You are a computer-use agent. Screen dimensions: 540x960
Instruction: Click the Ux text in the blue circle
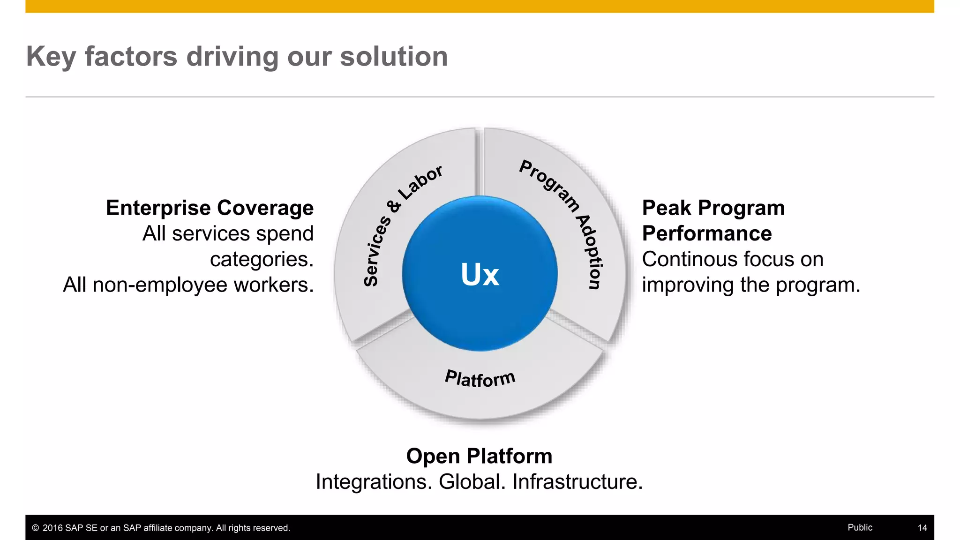pos(480,274)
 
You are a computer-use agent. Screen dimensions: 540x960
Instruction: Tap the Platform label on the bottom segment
pos(480,378)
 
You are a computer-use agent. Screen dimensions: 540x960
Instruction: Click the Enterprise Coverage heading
pos(210,208)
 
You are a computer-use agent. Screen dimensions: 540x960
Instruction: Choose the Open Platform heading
pos(479,456)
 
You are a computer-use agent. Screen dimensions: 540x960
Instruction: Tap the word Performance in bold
pos(706,233)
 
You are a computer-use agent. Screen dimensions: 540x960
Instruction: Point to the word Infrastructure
pos(577,482)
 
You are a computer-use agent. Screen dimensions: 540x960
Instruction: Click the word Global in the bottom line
pos(472,482)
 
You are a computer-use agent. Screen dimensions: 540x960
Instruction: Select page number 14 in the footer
pos(922,528)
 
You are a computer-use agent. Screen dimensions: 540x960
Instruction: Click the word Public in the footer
pos(860,527)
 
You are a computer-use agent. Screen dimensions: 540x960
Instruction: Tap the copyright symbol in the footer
pos(36,528)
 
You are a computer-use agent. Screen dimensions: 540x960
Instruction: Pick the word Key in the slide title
pos(51,57)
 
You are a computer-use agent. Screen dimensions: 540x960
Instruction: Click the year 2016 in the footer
pos(52,528)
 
